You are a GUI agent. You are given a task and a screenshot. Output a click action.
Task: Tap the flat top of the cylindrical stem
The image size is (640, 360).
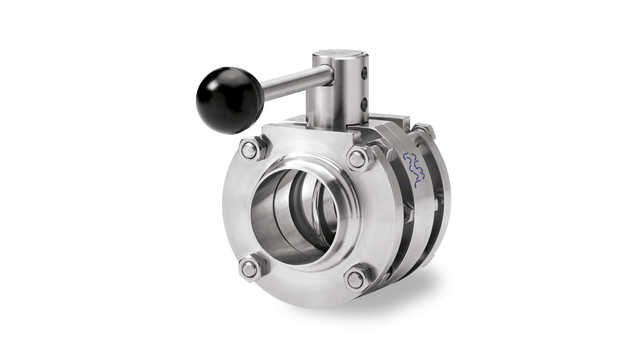click(x=339, y=55)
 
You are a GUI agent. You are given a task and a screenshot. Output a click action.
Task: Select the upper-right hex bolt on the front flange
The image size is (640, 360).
click(x=358, y=158)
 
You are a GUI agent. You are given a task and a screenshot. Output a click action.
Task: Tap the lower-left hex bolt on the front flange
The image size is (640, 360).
click(x=250, y=268)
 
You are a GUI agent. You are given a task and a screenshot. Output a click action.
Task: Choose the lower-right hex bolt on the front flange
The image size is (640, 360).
click(x=356, y=279)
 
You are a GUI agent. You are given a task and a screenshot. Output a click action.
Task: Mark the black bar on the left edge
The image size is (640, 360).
click(x=66, y=180)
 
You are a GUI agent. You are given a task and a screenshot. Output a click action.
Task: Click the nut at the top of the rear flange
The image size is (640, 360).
click(x=423, y=130)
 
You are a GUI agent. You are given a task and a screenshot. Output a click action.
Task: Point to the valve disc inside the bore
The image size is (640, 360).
click(x=322, y=205)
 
